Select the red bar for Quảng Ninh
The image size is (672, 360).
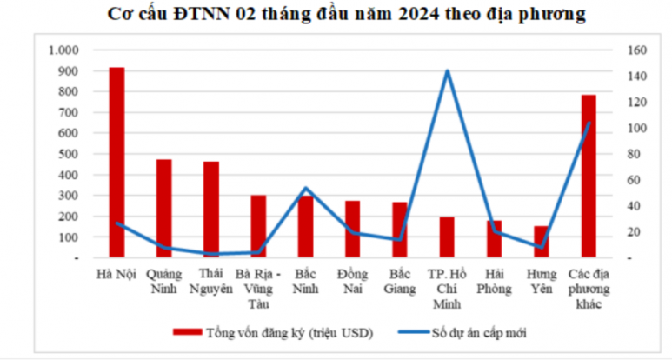coord(163,208)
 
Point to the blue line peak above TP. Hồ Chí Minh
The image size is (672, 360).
coord(447,71)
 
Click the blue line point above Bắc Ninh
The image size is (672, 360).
coord(305,188)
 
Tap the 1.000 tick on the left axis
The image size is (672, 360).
coord(64,50)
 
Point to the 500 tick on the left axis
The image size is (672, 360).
coord(70,154)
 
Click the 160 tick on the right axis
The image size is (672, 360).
coord(636,50)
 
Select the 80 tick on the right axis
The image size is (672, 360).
coord(634,154)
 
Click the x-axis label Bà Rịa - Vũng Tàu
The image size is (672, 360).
coord(258,290)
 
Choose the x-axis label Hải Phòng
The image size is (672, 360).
coord(494,283)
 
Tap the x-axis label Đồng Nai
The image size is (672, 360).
coord(352,283)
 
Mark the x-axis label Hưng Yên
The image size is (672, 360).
coord(541,283)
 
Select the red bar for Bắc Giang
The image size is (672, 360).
coord(400,230)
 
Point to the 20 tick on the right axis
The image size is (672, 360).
coord(634,232)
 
